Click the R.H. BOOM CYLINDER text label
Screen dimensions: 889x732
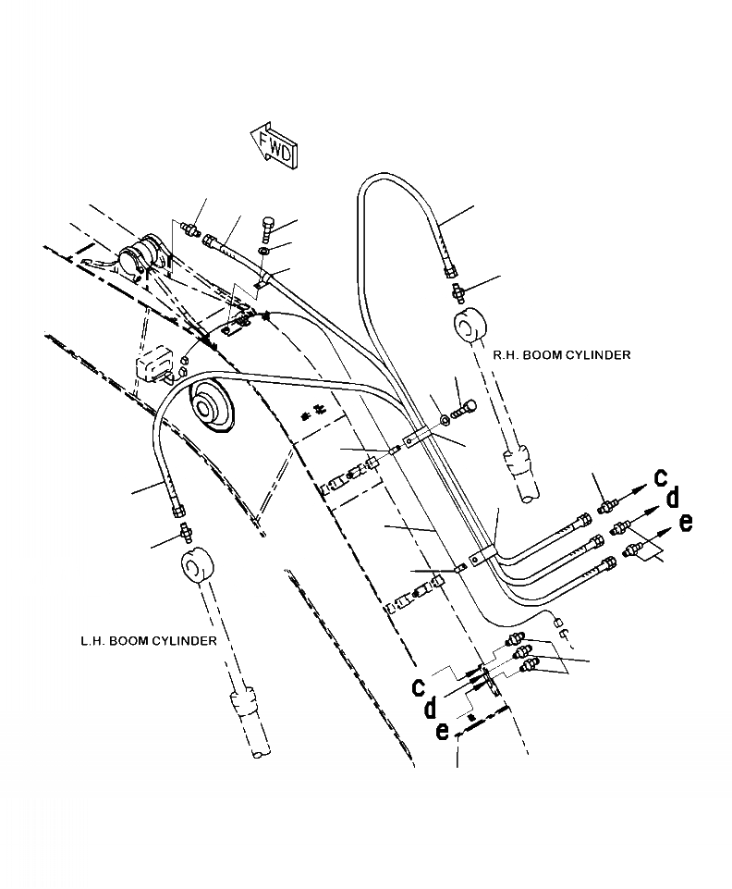[562, 354]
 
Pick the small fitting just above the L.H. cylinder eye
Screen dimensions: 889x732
[186, 533]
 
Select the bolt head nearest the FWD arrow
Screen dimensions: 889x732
[268, 226]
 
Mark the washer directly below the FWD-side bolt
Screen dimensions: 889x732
[265, 250]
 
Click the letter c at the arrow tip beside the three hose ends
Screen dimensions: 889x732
[661, 476]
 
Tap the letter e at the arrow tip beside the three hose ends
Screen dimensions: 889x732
[685, 523]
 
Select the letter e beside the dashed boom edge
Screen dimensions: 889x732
[443, 731]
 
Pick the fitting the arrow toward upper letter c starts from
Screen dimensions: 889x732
[606, 506]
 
